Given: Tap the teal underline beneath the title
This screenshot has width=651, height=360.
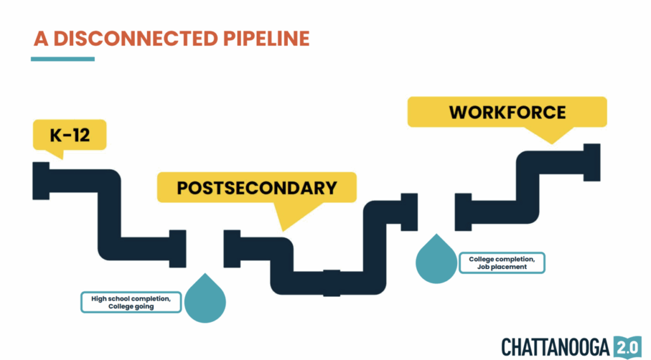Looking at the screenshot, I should [62, 59].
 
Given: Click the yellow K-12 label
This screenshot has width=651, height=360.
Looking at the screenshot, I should [69, 134].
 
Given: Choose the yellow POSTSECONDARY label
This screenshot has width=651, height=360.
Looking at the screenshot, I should [256, 188].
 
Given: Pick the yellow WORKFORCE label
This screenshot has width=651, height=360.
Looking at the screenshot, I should [507, 112].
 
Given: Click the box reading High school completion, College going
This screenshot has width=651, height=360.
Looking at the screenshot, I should [131, 301].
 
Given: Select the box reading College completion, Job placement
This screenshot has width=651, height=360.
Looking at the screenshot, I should [502, 263].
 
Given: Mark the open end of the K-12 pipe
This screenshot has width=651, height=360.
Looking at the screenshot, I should [178, 248].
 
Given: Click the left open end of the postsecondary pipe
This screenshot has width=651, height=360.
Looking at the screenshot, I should [231, 249].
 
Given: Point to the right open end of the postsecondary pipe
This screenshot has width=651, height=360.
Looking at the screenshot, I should [409, 212].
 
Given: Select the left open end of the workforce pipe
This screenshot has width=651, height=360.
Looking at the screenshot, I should [463, 212].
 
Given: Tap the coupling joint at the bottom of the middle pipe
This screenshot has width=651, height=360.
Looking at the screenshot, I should [332, 282].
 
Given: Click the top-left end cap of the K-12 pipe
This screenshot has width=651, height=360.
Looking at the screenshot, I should [41, 181].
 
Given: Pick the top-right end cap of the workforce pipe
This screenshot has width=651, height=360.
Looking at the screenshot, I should [592, 162].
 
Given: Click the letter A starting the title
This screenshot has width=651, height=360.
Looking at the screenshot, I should [41, 39].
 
